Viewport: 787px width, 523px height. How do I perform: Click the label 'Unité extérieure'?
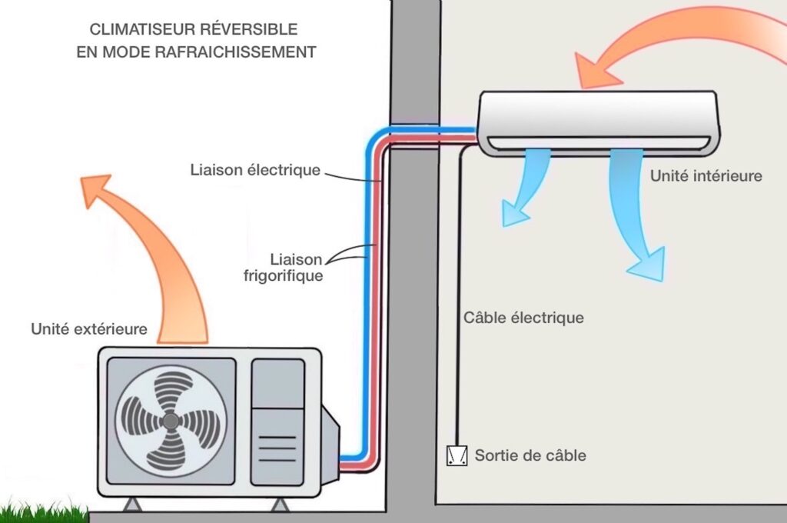pos(88,329)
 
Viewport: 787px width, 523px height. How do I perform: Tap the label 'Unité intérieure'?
pos(706,176)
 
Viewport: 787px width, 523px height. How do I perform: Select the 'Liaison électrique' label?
pos(254,169)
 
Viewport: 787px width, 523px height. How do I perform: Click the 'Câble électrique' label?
pos(523,317)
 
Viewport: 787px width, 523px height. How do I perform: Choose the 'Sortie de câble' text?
pos(530,455)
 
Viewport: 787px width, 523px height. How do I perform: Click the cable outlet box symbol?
pos(457,456)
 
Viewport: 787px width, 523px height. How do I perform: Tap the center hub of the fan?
pos(171,421)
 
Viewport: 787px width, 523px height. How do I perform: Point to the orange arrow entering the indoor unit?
pos(676,46)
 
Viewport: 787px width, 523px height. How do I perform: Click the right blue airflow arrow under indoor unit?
pos(633,215)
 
